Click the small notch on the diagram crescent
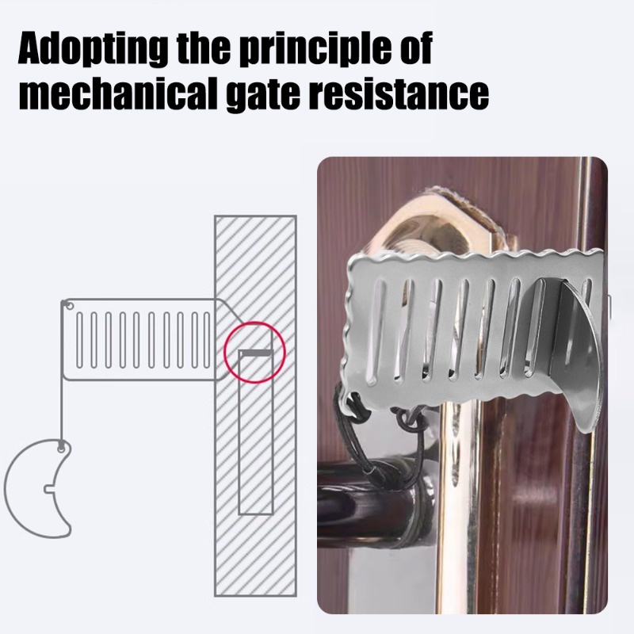pyautogui.click(x=48, y=489)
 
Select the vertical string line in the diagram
pyautogui.click(x=62, y=372)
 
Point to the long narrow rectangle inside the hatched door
pyautogui.click(x=256, y=433)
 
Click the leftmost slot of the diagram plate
pyautogui.click(x=80, y=340)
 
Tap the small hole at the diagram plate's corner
pyautogui.click(x=69, y=306)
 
